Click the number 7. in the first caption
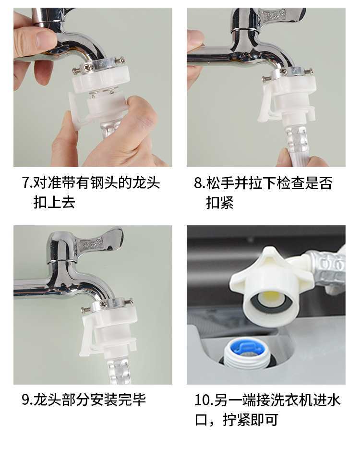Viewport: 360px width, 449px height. [x=27, y=182]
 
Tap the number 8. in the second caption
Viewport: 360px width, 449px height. [x=200, y=183]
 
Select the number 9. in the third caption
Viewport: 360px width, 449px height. [x=27, y=400]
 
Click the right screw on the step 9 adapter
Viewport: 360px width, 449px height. [x=129, y=301]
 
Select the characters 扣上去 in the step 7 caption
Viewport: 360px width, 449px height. [x=54, y=203]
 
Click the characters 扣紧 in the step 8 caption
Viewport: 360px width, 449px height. [x=220, y=203]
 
